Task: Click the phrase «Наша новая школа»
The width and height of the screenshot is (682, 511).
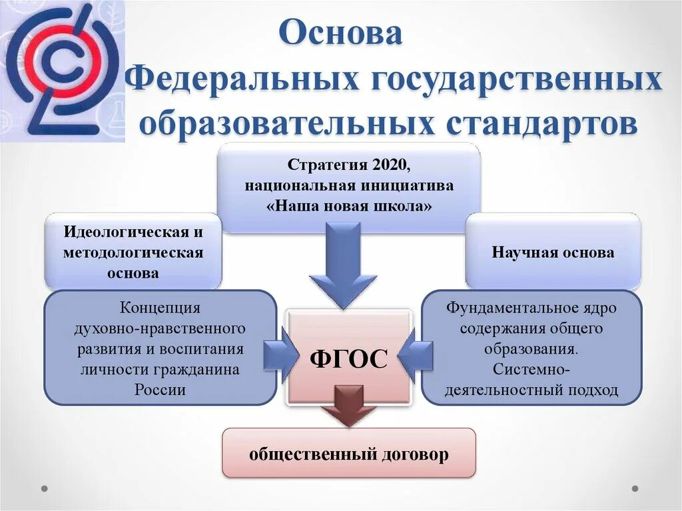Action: pyautogui.click(x=350, y=206)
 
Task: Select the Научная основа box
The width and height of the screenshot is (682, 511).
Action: pyautogui.click(x=553, y=253)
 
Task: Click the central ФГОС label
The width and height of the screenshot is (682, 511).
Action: pyautogui.click(x=348, y=359)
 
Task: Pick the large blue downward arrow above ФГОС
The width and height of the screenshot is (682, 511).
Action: pyautogui.click(x=345, y=266)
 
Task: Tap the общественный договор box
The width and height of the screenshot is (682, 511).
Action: pyautogui.click(x=349, y=454)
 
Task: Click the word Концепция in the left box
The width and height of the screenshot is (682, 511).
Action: pyautogui.click(x=160, y=308)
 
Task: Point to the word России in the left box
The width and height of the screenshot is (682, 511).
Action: pyautogui.click(x=160, y=390)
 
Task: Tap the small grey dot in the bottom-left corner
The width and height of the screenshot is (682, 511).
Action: pyautogui.click(x=45, y=488)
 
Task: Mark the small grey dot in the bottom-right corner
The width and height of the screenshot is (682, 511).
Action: pyautogui.click(x=635, y=488)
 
